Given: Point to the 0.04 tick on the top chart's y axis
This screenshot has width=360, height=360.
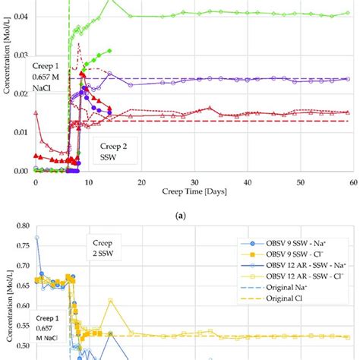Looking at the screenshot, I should pos(21,15).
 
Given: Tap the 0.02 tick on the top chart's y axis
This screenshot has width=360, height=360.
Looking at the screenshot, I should pos(21,93).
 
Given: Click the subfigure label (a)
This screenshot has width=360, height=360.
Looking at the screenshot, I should pos(194,216).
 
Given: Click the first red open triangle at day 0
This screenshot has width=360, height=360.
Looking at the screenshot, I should pos(36,113).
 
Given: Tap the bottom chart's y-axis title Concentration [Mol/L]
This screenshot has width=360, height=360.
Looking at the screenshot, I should pos(7,304).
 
